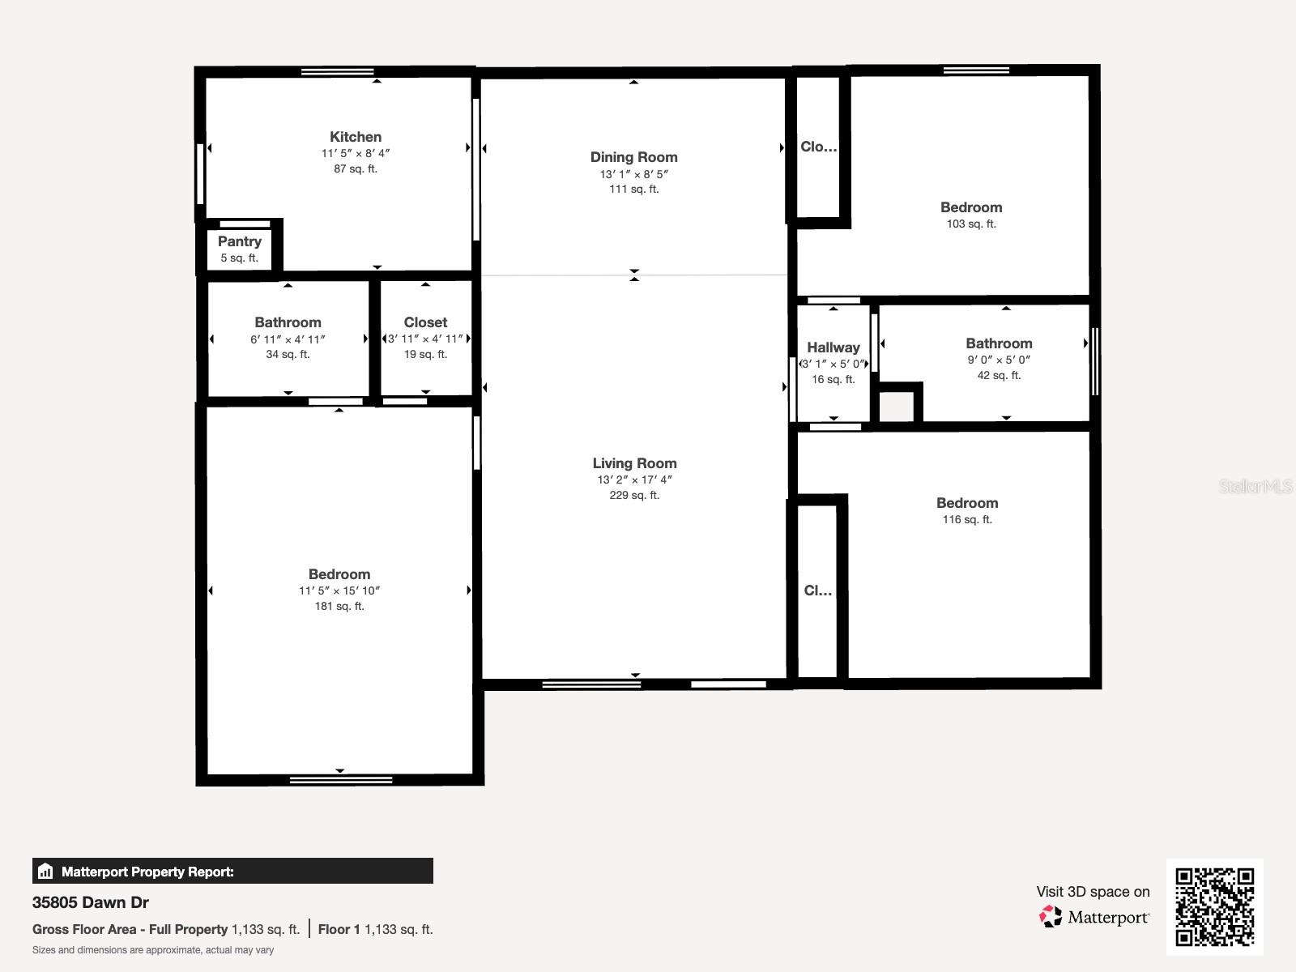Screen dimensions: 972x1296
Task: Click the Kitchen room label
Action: tap(356, 137)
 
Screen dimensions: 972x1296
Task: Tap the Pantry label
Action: tap(240, 241)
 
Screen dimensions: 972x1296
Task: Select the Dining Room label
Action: tap(633, 157)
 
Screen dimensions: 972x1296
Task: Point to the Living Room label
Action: tap(634, 463)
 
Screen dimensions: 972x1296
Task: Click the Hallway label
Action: tap(833, 347)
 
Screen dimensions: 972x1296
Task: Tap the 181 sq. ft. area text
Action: tap(339, 606)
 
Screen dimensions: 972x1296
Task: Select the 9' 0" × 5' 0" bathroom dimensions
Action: tap(999, 360)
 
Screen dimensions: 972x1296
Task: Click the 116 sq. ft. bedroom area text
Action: tap(967, 519)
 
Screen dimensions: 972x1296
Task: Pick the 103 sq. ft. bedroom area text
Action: tap(971, 224)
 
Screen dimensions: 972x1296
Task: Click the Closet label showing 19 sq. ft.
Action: tap(425, 322)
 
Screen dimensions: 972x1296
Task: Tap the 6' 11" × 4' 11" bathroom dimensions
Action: tap(288, 339)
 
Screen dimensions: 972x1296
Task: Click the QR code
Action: tap(1214, 906)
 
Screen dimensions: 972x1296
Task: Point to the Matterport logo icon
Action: tap(1051, 916)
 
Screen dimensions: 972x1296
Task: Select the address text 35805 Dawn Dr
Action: tap(91, 902)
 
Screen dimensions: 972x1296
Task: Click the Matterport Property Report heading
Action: tap(147, 872)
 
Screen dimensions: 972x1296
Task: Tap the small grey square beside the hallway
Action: tap(897, 406)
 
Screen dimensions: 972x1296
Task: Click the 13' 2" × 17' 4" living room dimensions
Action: tap(634, 480)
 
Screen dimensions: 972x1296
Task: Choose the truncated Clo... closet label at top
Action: tap(819, 147)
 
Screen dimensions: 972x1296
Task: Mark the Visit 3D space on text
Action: tap(1093, 891)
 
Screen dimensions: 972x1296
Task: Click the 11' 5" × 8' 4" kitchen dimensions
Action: tap(356, 153)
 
